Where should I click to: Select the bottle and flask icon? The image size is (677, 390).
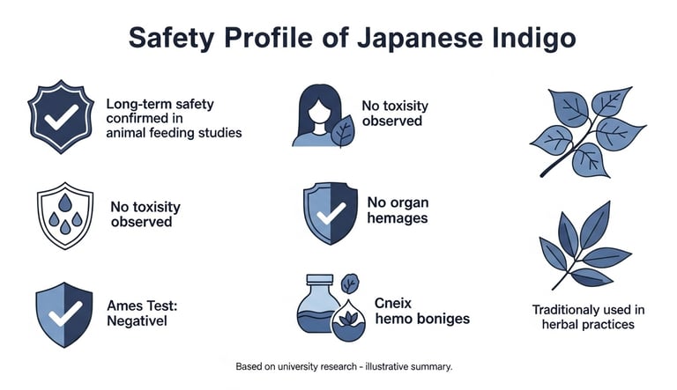[x=327, y=307]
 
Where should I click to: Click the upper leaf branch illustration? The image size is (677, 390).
[x=581, y=130]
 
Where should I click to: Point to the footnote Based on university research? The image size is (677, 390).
[x=344, y=365]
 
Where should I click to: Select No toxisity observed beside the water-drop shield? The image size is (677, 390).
[x=145, y=214]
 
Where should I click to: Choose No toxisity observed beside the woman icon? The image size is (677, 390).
[x=396, y=114]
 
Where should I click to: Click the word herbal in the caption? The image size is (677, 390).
[x=559, y=325]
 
